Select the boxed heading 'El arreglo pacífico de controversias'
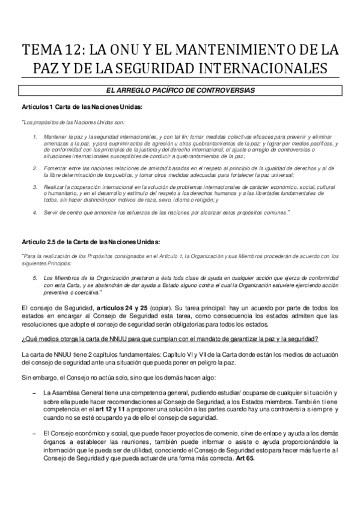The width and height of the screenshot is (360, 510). (x=180, y=91)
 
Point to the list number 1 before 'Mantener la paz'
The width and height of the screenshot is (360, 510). (x=35, y=137)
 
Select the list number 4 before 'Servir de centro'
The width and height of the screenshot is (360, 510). (x=35, y=212)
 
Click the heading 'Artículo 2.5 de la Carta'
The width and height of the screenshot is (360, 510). (x=90, y=242)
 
